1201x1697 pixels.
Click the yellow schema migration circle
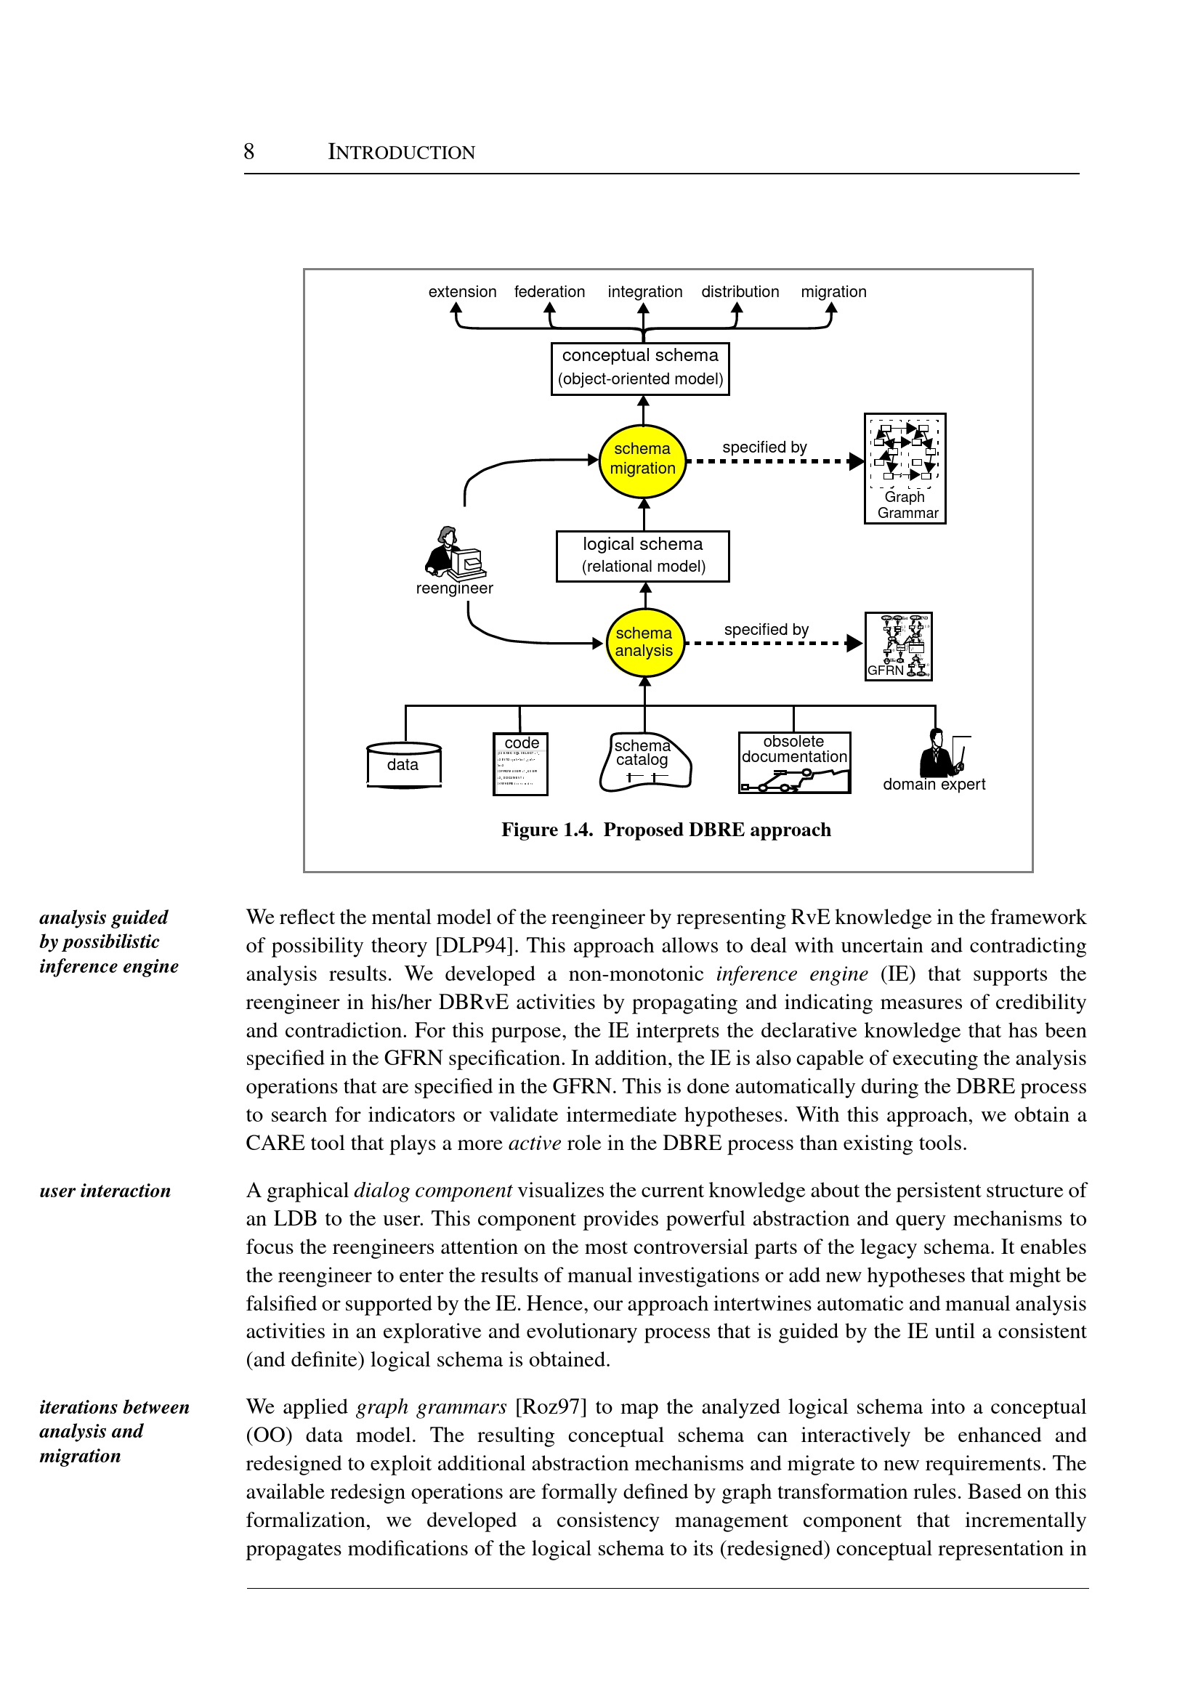[x=643, y=460]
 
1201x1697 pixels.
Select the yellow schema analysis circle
[x=644, y=642]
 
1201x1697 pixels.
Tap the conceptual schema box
[x=640, y=368]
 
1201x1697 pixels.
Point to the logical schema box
[x=643, y=556]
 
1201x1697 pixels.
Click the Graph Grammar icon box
[x=905, y=468]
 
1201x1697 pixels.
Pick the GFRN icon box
[x=898, y=646]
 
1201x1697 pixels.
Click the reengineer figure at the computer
[x=454, y=552]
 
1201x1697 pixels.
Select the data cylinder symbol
[x=404, y=764]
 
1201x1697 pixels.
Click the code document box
[x=521, y=764]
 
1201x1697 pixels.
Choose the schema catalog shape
[x=644, y=762]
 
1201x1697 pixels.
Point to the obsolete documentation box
[x=794, y=762]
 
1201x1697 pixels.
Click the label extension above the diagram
[x=462, y=292]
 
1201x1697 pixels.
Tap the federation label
[x=549, y=292]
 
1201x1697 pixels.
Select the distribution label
[x=740, y=292]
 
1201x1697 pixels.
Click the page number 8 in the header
[x=249, y=152]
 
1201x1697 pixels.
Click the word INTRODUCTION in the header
[x=402, y=153]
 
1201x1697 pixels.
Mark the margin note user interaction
[x=105, y=1191]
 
